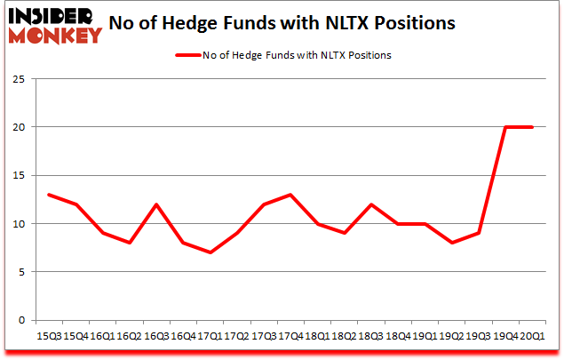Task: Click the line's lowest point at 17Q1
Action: click(210, 252)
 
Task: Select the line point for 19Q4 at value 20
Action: click(504, 127)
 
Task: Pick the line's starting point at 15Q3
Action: click(49, 195)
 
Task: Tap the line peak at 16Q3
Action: click(156, 204)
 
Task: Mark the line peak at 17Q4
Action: click(290, 195)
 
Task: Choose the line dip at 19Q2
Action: click(451, 243)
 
